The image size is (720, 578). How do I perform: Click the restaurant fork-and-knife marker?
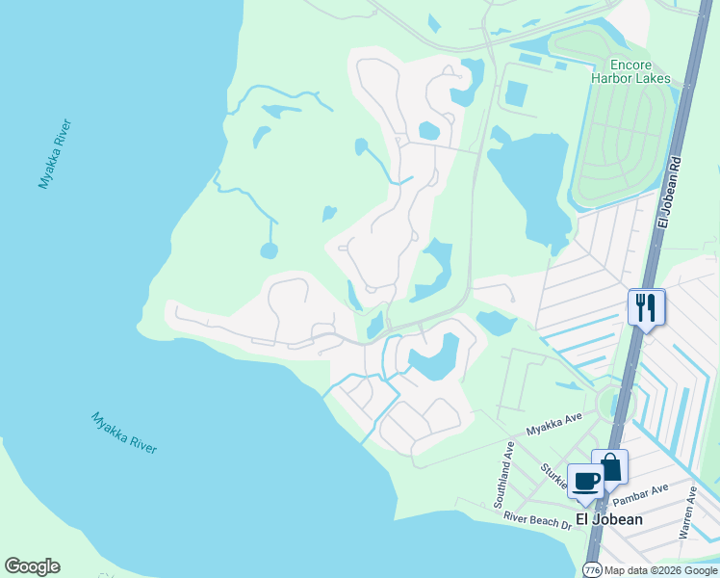point(646,308)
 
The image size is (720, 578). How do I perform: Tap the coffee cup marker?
point(586,481)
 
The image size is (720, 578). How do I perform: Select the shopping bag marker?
point(609,467)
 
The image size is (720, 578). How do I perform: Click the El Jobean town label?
point(608,518)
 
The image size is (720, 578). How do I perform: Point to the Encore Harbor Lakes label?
point(630,70)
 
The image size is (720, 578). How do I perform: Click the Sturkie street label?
point(554,474)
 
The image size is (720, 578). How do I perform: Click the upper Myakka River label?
point(55,154)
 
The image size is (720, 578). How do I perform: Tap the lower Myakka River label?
point(124,433)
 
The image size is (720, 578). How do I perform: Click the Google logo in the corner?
point(32,566)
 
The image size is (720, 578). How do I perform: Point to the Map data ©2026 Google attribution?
point(661,569)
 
